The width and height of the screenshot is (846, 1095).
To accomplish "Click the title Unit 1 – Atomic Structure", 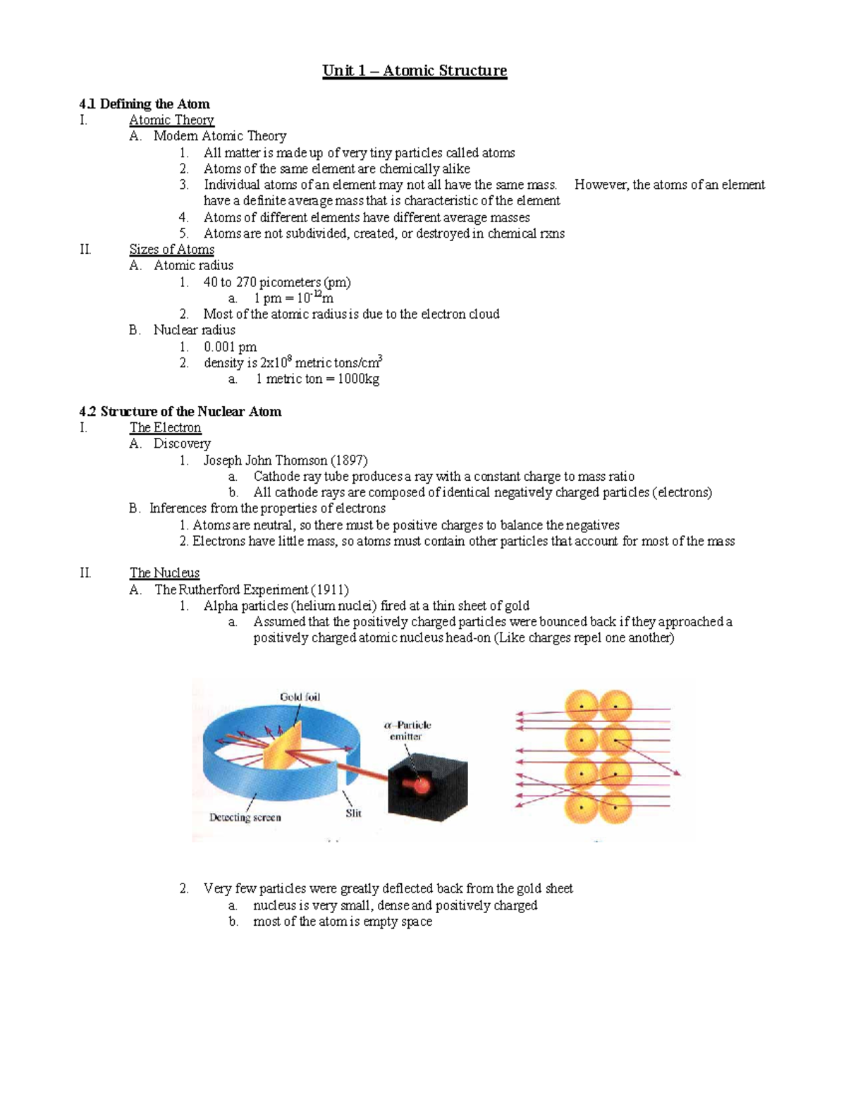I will click(415, 71).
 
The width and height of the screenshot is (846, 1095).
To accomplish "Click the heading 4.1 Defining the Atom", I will click(145, 104).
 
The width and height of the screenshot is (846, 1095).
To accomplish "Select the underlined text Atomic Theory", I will click(171, 120).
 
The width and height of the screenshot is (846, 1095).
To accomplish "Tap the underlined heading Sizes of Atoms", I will click(171, 250).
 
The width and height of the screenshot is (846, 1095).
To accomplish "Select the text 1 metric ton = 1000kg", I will click(317, 379).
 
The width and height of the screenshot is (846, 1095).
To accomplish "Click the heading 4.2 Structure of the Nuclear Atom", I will click(180, 412).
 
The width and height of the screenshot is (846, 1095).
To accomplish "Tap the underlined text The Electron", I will click(165, 428).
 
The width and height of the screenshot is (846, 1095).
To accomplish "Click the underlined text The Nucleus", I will click(164, 573).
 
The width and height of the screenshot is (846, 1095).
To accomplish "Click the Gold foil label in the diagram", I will click(300, 697).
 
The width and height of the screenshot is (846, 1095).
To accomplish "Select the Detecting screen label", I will click(245, 817).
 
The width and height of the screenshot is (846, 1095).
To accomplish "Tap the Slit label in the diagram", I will click(353, 813).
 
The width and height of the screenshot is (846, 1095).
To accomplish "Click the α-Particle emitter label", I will click(407, 730).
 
